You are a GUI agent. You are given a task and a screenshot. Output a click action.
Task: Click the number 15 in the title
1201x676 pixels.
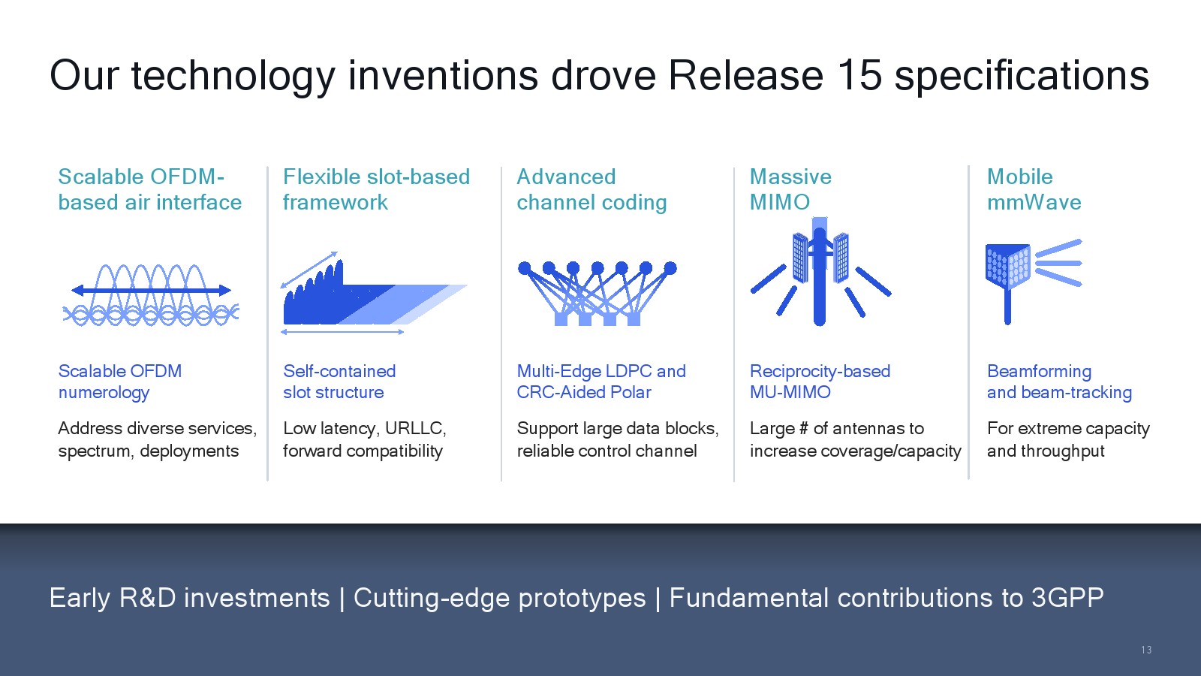[x=859, y=75]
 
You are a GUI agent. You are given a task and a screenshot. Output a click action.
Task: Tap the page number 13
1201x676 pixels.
[x=1145, y=650]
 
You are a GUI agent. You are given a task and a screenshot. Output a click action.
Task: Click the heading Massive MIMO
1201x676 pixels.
[x=790, y=189]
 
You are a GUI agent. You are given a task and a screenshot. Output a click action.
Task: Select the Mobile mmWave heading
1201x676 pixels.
[x=1034, y=189]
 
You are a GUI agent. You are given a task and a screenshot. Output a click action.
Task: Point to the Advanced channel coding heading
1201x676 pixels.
[x=591, y=189]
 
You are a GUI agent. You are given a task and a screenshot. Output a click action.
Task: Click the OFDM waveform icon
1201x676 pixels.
[x=151, y=294]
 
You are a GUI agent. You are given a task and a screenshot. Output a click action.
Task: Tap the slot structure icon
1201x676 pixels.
[x=374, y=293]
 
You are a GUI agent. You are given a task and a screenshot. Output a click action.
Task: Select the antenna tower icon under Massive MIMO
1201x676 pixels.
[x=820, y=271]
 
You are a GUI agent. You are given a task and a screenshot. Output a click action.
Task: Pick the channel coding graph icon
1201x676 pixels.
[x=597, y=293]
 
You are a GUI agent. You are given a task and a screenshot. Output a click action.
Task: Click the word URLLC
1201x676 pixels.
[x=415, y=428]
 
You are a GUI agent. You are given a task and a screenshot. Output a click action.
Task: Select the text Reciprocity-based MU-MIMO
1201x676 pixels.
[x=820, y=382]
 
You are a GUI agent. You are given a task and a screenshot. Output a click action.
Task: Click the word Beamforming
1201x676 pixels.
[x=1039, y=372]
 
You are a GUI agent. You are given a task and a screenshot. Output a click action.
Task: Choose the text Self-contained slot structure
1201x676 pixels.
[x=339, y=382]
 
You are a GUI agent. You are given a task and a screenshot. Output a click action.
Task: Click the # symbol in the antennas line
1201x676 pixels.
[x=803, y=428]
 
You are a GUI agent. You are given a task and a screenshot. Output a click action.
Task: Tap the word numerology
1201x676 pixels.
[x=104, y=394]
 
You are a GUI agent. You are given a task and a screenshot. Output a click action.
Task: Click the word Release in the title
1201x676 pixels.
[x=745, y=75]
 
